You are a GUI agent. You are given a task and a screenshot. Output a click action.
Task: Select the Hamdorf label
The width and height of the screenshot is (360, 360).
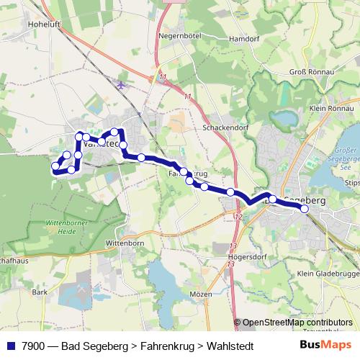coord(238,39)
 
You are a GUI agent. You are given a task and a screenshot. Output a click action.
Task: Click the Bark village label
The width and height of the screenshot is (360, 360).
coord(39,292)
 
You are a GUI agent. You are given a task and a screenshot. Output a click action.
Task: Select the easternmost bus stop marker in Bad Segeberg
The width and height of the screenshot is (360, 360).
coord(305,209)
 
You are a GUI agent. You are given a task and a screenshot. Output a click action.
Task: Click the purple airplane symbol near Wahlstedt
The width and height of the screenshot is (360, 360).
coord(120,86)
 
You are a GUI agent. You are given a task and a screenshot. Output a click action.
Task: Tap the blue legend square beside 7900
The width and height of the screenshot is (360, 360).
coord(10,346)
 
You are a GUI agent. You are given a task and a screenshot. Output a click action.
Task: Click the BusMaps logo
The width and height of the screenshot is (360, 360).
coord(325,345)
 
